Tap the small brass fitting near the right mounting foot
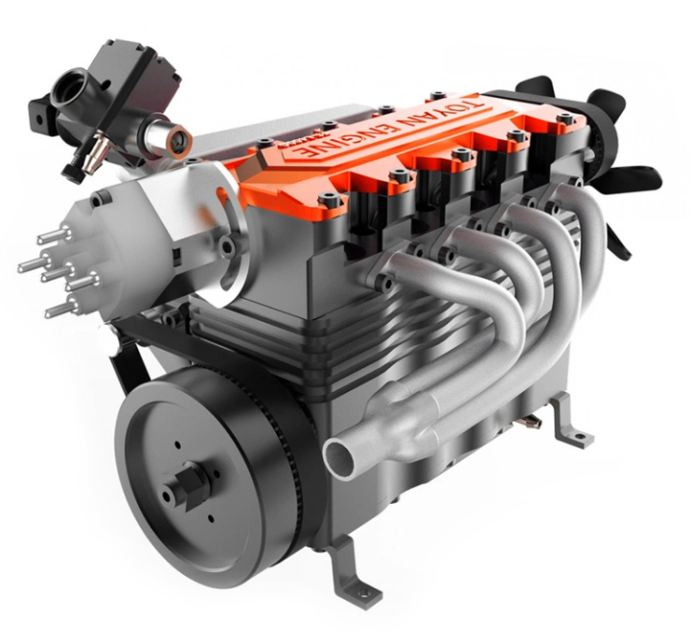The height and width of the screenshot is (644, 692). tap(531, 421)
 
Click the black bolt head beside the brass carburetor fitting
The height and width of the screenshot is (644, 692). tap(70, 171)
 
